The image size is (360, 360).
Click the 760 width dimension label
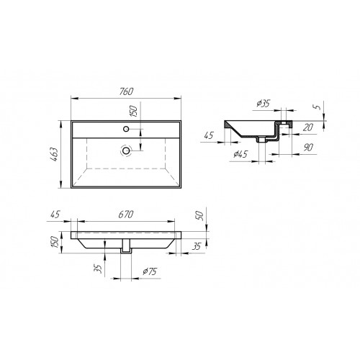tap(126, 91)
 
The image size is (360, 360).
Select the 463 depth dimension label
tap(55, 154)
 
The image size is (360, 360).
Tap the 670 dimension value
tap(126, 215)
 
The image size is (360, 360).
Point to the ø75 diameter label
tap(150, 271)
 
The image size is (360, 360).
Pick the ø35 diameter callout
tap(264, 104)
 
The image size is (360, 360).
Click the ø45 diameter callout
tap(240, 154)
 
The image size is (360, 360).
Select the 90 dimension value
tap(308, 148)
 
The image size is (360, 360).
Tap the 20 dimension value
tap(308, 127)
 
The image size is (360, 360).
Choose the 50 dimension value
tap(200, 216)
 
